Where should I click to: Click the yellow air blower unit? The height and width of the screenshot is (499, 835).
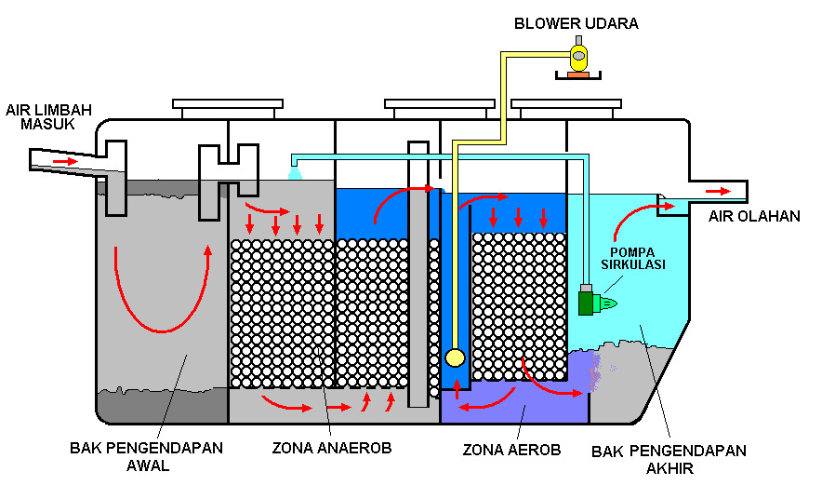578,55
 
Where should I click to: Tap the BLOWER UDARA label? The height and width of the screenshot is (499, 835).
577,23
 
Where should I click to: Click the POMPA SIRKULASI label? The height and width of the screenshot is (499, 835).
632,258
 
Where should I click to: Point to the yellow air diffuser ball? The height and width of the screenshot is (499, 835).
455,357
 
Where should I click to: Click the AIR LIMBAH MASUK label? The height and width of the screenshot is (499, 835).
48,116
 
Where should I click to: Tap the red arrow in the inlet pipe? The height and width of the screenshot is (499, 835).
65,161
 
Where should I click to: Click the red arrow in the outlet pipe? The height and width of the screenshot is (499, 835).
718,192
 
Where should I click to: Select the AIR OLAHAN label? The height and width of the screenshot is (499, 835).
754,216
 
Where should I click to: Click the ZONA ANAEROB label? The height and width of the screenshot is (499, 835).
332,448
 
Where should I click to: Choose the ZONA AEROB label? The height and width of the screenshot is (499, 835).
511,450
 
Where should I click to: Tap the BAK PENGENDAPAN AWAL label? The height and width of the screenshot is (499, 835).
146,456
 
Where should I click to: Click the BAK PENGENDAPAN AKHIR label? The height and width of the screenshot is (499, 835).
669,460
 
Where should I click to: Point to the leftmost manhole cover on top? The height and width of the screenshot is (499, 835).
228,108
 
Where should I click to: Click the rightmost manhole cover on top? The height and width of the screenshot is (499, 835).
566,108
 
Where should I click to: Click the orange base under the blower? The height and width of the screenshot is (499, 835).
578,75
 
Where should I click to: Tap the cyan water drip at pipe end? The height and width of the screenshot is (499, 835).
295,173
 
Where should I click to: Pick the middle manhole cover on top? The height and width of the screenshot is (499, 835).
440,108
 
